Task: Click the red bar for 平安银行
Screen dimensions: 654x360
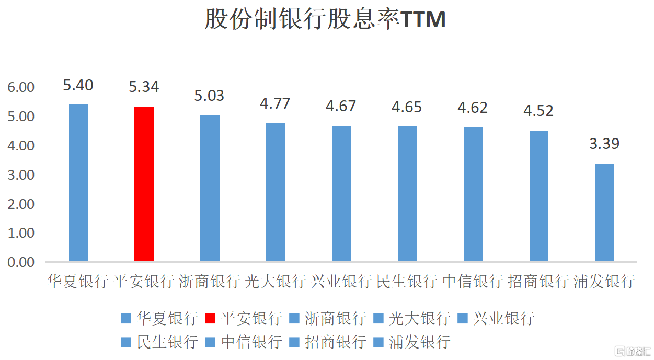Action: coord(144,184)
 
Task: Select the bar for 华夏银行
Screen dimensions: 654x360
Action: coord(78,183)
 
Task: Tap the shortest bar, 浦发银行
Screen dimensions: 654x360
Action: coord(604,212)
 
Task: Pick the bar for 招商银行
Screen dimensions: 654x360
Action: coord(539,196)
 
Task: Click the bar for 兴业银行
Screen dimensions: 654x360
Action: coord(341,193)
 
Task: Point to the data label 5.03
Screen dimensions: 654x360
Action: coord(209,96)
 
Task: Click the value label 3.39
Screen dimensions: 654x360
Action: coord(604,144)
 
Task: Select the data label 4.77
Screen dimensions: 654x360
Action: coord(275,103)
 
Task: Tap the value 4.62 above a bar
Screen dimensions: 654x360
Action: coord(473,108)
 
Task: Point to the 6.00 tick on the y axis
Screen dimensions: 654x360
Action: coord(21,87)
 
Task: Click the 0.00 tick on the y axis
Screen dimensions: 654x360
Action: coord(21,262)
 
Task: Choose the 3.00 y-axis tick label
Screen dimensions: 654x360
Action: coord(21,175)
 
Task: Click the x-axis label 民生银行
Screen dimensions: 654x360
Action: coord(407,282)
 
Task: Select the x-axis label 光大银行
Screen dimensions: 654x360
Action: coord(275,282)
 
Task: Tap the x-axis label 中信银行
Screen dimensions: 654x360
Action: coord(473,282)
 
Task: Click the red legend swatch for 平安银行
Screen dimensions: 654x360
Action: coord(210,318)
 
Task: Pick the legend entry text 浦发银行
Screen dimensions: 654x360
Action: coord(420,342)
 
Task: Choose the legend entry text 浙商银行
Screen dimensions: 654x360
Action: coord(336,318)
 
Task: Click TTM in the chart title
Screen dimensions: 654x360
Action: coord(423,19)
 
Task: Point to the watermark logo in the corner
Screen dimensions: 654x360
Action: coord(633,351)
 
